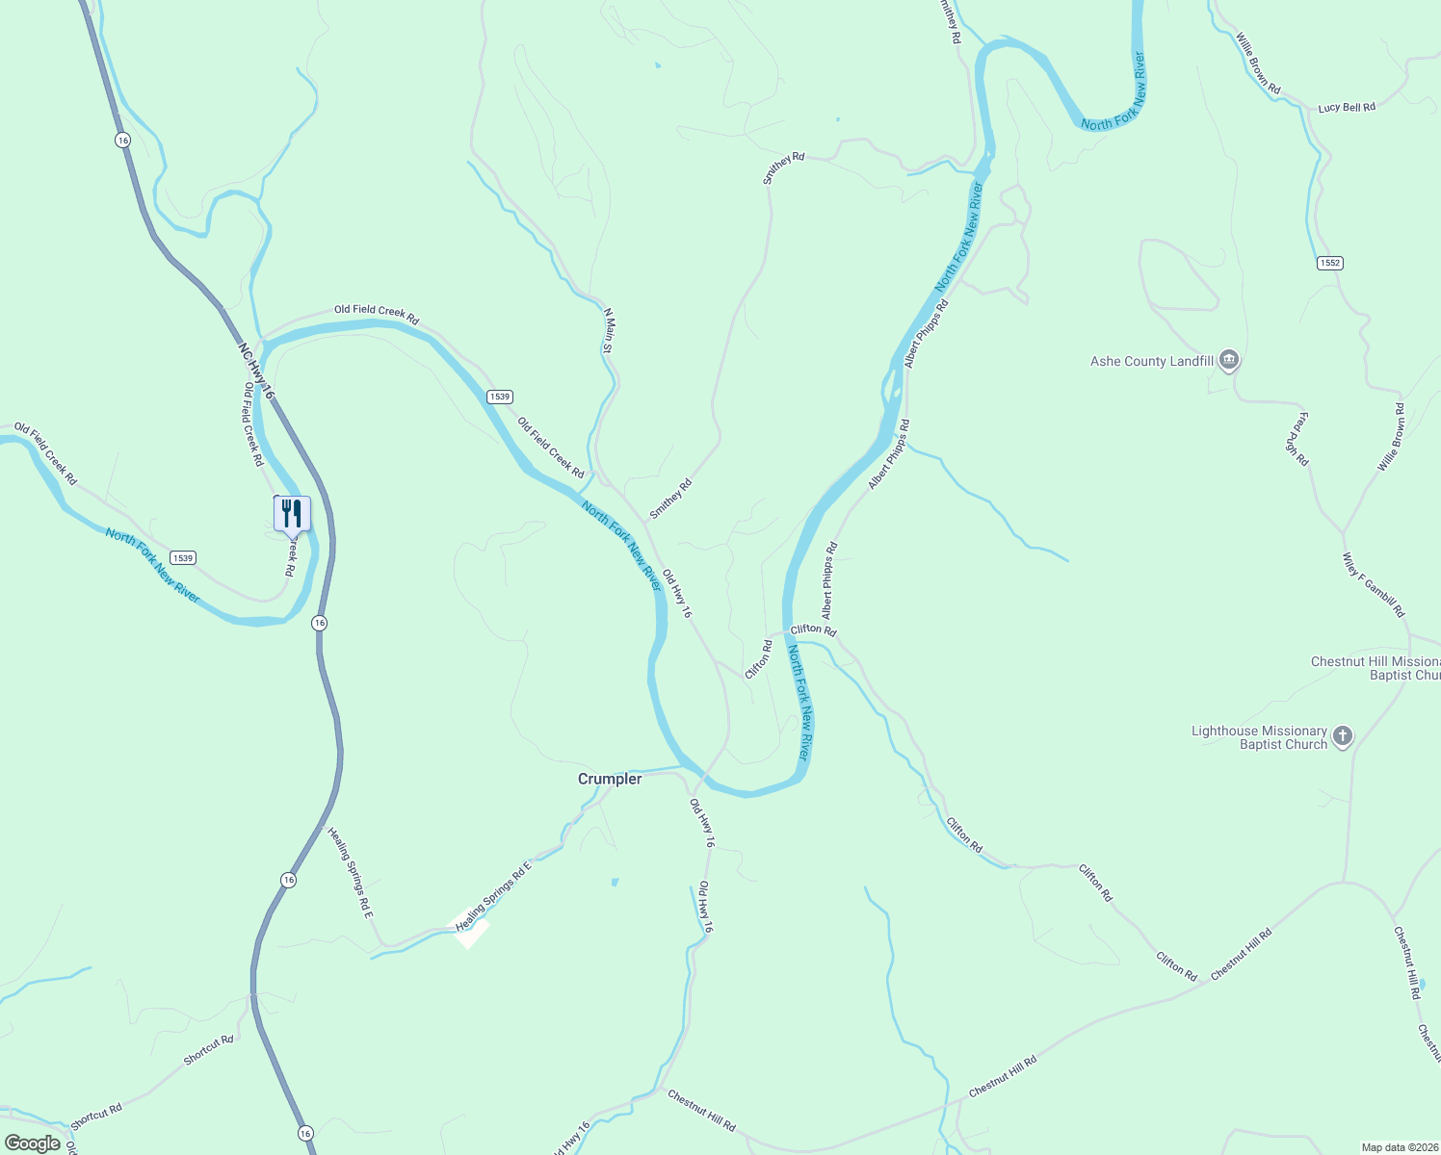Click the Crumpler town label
610,779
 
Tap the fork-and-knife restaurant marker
292,514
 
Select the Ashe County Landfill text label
1151,362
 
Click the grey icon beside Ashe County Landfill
1228,361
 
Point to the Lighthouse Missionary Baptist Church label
1259,737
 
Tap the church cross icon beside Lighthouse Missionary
1342,737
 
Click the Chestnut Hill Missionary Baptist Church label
1375,668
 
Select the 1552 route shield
1329,263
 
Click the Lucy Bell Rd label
1346,108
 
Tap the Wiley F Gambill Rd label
1374,585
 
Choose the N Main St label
608,330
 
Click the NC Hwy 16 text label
256,368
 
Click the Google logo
33,1143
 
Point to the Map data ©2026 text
1400,1147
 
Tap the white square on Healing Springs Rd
472,932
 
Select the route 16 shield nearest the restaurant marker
319,623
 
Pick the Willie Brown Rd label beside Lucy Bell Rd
1258,64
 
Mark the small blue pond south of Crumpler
615,882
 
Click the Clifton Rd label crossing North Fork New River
813,629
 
